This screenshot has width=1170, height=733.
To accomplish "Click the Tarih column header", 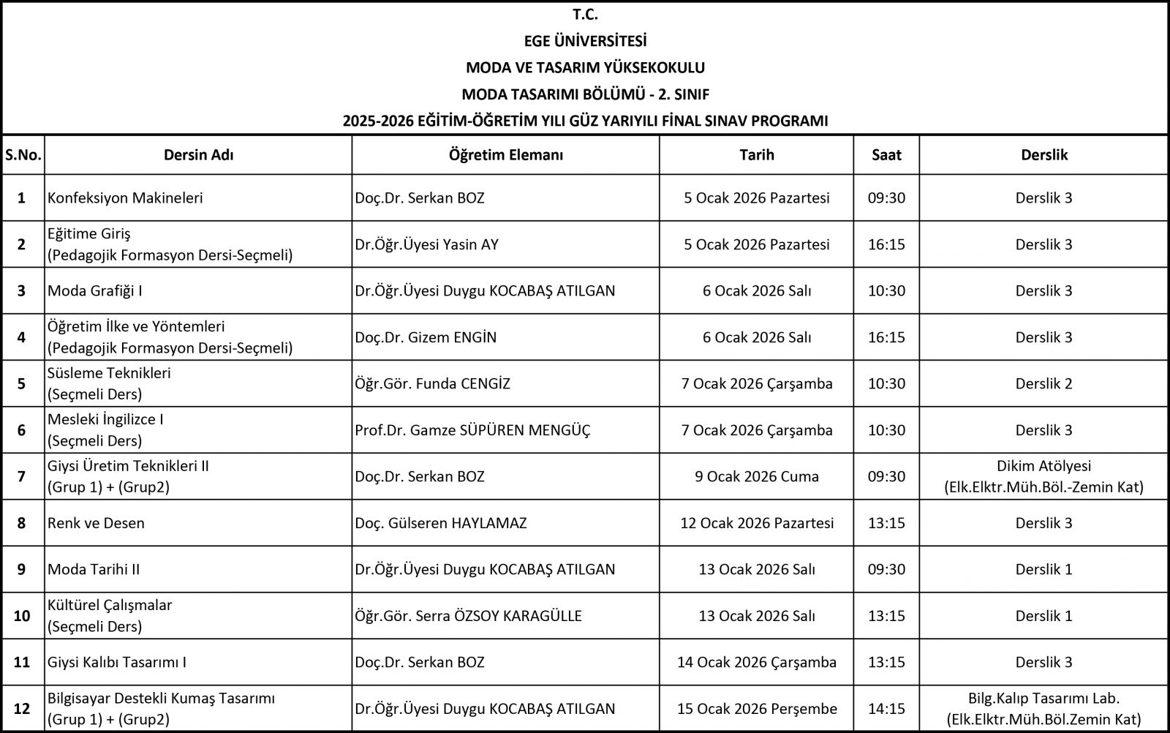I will click(756, 155).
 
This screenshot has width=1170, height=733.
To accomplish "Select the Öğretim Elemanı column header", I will click(505, 155).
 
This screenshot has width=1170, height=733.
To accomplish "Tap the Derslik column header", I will click(1043, 155).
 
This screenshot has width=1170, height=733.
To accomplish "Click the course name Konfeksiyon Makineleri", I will click(125, 198).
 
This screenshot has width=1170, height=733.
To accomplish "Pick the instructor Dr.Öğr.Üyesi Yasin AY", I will click(426, 244).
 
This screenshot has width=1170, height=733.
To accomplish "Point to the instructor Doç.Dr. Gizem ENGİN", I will click(426, 337).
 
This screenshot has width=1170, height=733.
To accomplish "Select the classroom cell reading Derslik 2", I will click(1043, 383).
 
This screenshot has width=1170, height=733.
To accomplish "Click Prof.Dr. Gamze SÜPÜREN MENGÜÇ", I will click(472, 430).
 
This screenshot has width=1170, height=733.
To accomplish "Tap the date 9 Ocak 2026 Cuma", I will click(756, 476).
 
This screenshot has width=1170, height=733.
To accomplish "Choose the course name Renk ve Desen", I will click(96, 523).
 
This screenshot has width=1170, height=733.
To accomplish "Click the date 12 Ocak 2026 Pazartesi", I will click(756, 523).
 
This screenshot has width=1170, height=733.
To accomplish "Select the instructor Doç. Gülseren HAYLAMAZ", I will click(440, 523).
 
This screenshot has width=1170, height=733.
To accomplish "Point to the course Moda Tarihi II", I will click(94, 569).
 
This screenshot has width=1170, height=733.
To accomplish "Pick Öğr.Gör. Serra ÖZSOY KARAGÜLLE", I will click(468, 616).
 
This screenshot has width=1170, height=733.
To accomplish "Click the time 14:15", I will click(886, 709).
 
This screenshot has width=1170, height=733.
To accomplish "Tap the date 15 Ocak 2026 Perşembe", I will click(756, 709).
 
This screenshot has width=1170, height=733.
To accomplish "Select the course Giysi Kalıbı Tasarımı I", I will click(117, 662).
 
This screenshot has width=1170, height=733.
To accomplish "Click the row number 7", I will click(21, 476).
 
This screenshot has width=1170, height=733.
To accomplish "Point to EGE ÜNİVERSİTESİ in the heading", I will click(585, 41).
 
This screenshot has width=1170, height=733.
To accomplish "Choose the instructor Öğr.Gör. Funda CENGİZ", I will click(432, 383).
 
